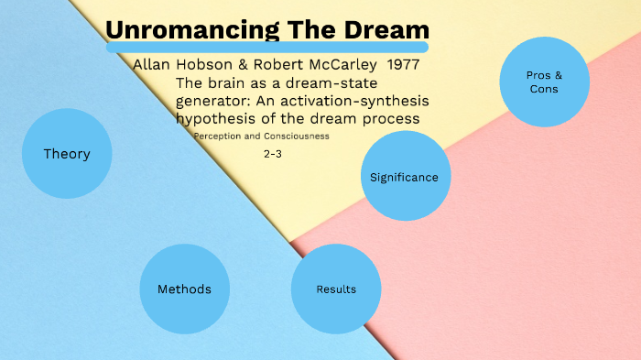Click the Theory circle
tap(67, 154)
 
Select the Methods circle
tap(184, 289)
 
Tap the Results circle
tap(336, 289)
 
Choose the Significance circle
tap(404, 177)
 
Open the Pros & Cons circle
tap(544, 82)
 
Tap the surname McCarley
tap(340, 66)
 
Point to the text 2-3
tap(272, 154)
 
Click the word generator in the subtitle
tap(213, 101)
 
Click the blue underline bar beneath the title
tap(266, 47)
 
